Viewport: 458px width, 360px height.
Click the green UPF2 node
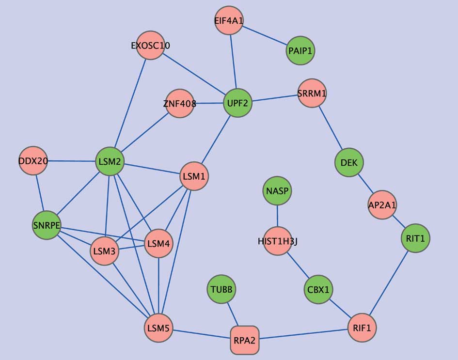pyautogui.click(x=237, y=103)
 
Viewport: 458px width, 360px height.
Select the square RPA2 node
pyautogui.click(x=244, y=340)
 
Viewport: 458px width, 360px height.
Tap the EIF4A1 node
pyautogui.click(x=228, y=21)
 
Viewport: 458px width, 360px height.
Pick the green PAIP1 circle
pyautogui.click(x=300, y=50)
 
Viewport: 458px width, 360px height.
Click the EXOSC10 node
pyautogui.click(x=150, y=46)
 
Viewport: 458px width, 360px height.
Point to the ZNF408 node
pyautogui.click(x=180, y=103)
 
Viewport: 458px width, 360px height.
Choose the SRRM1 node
pyautogui.click(x=312, y=93)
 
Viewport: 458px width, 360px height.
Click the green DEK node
pyautogui.click(x=349, y=163)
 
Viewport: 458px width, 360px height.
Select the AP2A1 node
pyautogui.click(x=382, y=205)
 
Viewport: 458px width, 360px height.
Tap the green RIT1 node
pyautogui.click(x=416, y=238)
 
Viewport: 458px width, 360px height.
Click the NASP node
pyautogui.click(x=278, y=191)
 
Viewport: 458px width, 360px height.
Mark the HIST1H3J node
pyautogui.click(x=278, y=241)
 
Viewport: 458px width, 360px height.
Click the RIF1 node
pyautogui.click(x=362, y=328)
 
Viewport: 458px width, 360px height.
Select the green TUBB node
pyautogui.click(x=221, y=290)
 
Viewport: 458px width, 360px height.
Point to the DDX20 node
pyautogui.click(x=33, y=161)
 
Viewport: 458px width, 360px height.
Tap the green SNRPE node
pyautogui.click(x=46, y=225)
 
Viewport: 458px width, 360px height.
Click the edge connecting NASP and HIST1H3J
pyautogui.click(x=278, y=216)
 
